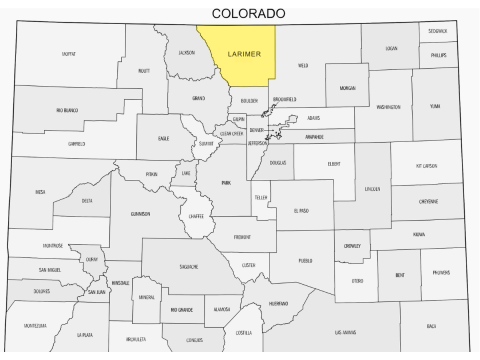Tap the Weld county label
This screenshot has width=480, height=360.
tap(303, 66)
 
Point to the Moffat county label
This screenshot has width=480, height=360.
tap(68, 54)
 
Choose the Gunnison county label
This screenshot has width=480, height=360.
tap(141, 213)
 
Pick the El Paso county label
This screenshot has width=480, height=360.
tap(302, 211)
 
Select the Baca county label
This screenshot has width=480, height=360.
tap(431, 326)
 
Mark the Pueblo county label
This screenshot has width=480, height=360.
tap(305, 260)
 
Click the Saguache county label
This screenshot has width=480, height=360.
tap(189, 267)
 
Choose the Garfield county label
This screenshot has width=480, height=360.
tap(76, 144)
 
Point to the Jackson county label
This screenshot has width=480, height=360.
tap(186, 52)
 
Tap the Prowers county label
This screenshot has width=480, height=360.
tap(441, 273)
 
